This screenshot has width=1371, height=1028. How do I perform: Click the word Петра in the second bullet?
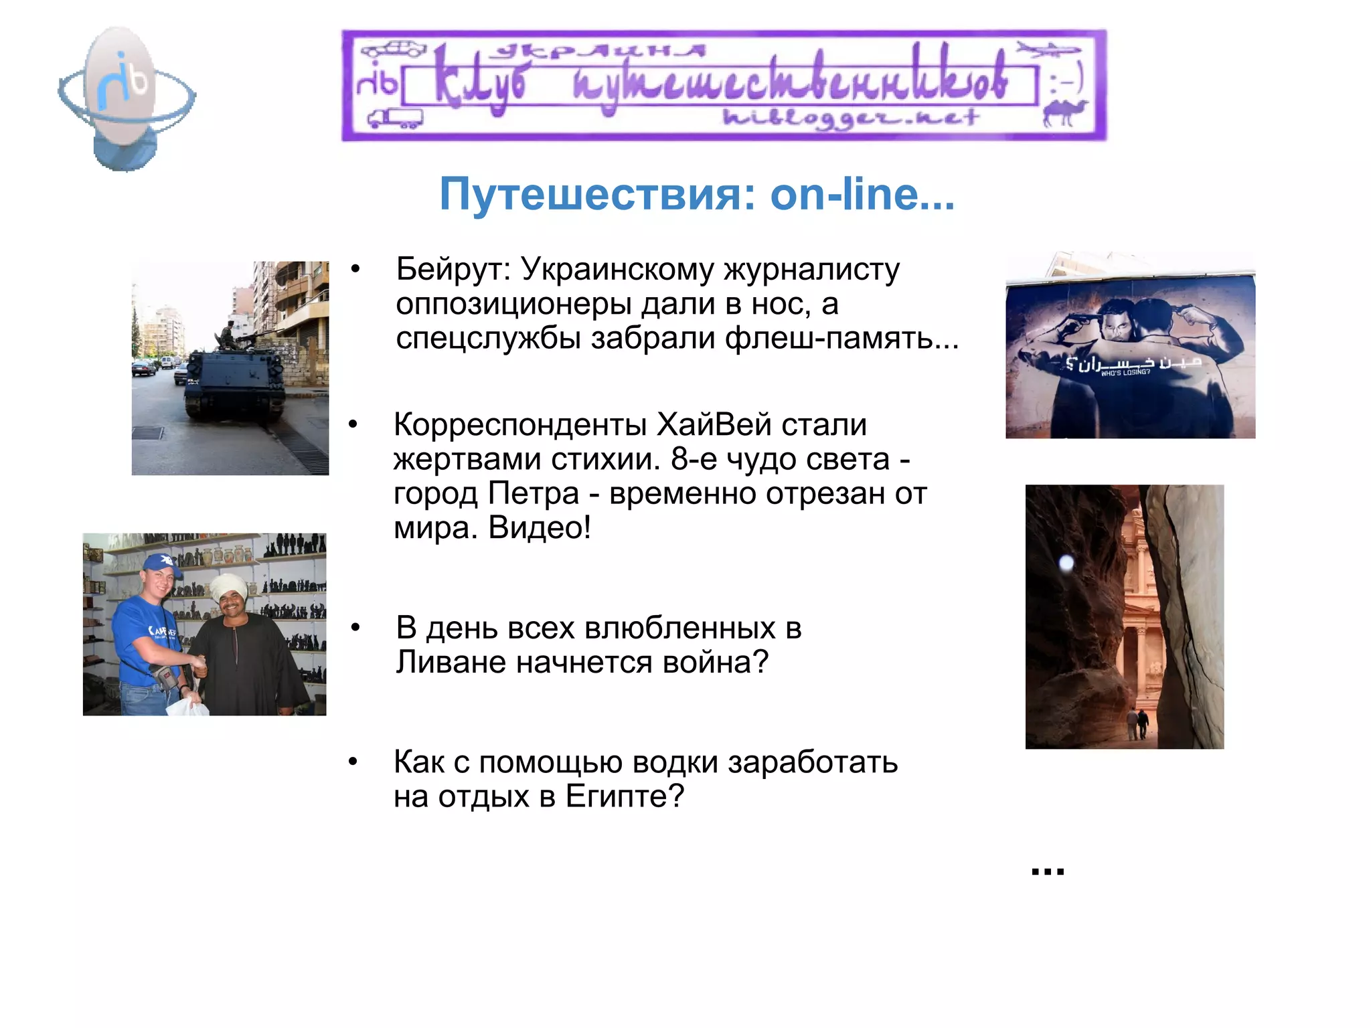[x=533, y=494]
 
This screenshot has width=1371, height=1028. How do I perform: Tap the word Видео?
[x=540, y=528]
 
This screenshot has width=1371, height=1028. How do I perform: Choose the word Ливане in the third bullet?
[x=451, y=663]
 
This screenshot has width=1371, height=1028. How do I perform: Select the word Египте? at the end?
[x=625, y=796]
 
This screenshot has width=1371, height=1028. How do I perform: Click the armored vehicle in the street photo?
[x=234, y=381]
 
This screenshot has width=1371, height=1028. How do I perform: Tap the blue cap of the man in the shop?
[x=161, y=563]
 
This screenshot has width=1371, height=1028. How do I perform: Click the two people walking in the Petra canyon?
[x=1137, y=723]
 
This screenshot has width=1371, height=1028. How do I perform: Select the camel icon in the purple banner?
[x=1064, y=112]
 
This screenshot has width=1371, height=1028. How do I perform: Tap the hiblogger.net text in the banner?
[x=850, y=118]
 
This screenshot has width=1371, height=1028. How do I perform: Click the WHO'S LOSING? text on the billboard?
[x=1125, y=373]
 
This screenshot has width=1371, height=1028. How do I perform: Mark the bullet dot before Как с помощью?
[x=353, y=762]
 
